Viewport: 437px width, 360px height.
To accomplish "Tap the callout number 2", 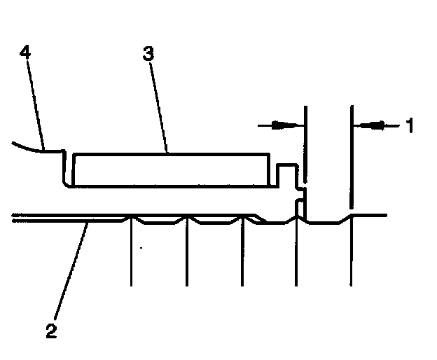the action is (x=50, y=329).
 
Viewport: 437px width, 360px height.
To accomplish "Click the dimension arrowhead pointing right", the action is (x=282, y=125).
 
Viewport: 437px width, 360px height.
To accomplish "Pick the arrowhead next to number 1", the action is (x=374, y=125).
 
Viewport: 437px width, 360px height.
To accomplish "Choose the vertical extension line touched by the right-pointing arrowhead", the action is (x=305, y=140).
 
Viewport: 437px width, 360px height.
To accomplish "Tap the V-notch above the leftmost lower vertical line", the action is (x=131, y=219).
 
